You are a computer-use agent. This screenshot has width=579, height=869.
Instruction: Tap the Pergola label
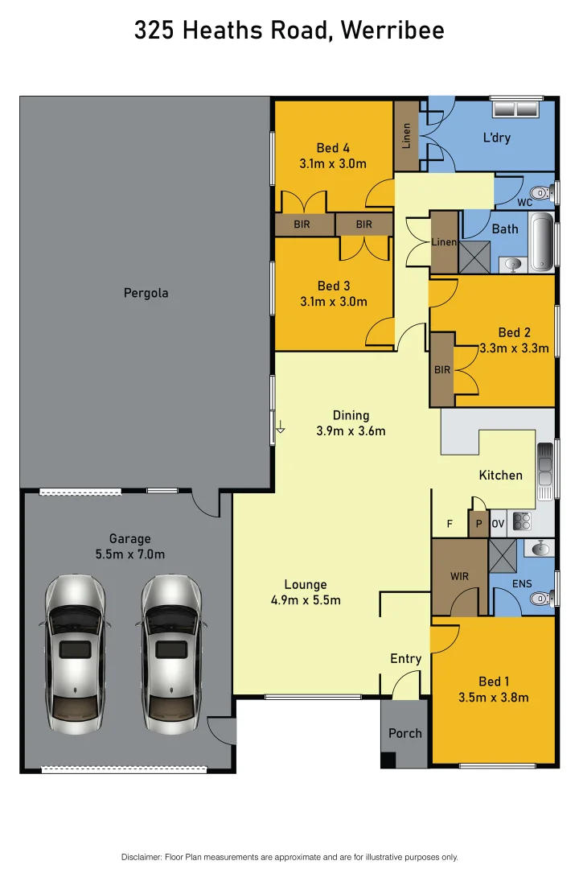[146, 293]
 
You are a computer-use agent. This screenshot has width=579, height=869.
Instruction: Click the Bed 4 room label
[333, 148]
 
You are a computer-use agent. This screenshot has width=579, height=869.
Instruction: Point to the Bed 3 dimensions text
[333, 302]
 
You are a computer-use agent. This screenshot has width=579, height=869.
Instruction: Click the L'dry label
[496, 138]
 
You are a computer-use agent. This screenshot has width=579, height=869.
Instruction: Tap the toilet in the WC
[545, 192]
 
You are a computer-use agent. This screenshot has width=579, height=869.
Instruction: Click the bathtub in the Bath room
[544, 240]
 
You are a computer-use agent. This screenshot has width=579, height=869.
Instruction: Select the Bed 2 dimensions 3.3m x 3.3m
[514, 348]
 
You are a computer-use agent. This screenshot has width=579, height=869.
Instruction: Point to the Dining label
[351, 415]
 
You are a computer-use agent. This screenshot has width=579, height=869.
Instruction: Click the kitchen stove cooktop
[522, 521]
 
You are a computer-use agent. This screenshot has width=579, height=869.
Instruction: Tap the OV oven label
[498, 524]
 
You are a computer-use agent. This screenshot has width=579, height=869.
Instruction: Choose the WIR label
[459, 576]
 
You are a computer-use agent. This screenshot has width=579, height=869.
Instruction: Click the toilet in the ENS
[543, 598]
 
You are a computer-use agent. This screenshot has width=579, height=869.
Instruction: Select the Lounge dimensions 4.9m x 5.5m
[306, 600]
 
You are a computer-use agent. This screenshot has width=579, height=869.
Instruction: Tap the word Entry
[405, 658]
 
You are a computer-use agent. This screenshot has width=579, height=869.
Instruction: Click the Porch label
[404, 733]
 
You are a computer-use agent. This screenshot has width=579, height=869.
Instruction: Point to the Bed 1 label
[494, 682]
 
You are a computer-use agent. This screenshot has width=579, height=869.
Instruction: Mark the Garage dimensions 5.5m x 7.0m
[129, 554]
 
